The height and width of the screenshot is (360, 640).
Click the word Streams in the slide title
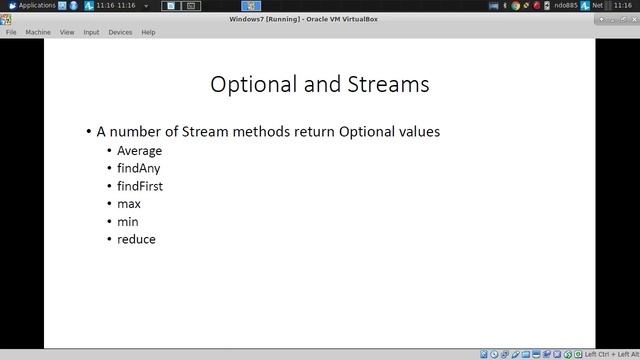point(388,85)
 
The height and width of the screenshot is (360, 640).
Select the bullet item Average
point(139,151)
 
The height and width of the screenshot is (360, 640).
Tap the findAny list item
point(138,169)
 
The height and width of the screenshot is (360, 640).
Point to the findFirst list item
point(140,186)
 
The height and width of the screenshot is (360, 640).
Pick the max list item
point(129,204)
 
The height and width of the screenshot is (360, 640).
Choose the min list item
point(128,222)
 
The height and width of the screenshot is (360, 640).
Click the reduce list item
point(136,239)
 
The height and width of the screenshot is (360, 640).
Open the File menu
point(11,32)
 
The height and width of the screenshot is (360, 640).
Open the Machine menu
point(38,32)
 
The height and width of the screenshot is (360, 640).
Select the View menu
point(67,32)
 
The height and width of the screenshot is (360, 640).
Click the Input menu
point(91,32)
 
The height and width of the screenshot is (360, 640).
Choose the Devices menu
point(120,32)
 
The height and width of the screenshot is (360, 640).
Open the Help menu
point(148,32)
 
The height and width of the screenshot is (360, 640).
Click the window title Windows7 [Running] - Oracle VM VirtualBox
point(319,19)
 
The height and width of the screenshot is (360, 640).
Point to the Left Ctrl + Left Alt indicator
point(611,354)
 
